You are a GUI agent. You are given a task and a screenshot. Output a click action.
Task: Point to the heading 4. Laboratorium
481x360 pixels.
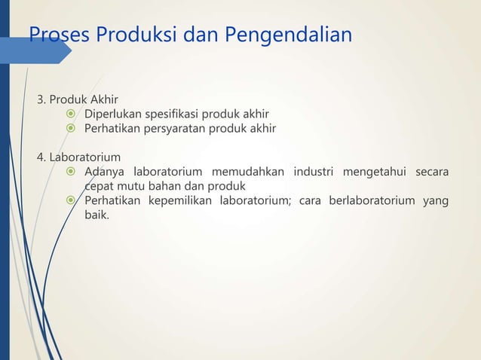point(78,157)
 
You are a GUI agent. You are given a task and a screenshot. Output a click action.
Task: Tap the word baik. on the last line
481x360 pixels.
point(97,215)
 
